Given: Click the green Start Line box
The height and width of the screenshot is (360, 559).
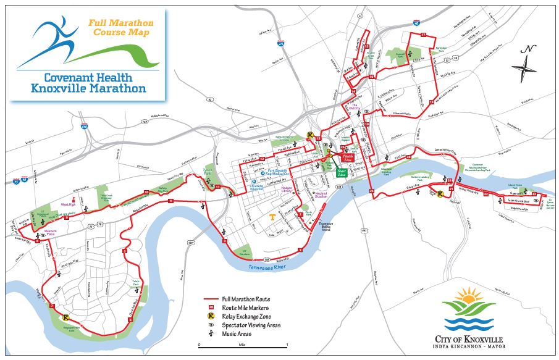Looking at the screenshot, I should [x=341, y=174].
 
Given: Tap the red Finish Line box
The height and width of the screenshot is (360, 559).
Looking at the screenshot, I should [x=347, y=158].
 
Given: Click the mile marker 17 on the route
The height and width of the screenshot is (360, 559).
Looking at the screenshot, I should [x=423, y=35].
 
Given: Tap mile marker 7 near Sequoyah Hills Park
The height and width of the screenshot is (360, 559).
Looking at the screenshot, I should [x=53, y=306].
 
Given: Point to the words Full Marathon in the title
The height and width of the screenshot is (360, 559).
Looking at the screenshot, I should [x=121, y=23].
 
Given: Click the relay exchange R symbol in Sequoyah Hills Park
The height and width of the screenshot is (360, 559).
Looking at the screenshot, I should [x=65, y=318].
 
